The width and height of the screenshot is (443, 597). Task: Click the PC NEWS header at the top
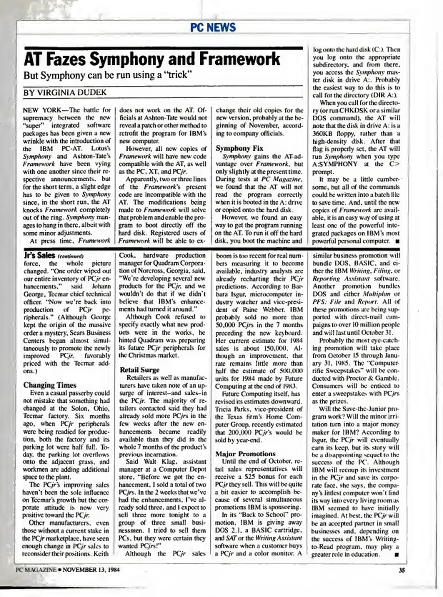[213, 27]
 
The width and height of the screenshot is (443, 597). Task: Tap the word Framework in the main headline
[240, 59]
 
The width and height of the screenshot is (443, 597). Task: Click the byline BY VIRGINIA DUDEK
[65, 93]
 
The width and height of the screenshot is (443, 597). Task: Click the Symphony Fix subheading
[239, 148]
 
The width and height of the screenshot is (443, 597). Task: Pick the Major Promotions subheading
[245, 454]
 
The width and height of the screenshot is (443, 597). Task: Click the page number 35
[402, 570]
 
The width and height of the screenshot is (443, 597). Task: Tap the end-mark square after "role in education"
[397, 555]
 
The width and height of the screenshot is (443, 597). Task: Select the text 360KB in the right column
[321, 133]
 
